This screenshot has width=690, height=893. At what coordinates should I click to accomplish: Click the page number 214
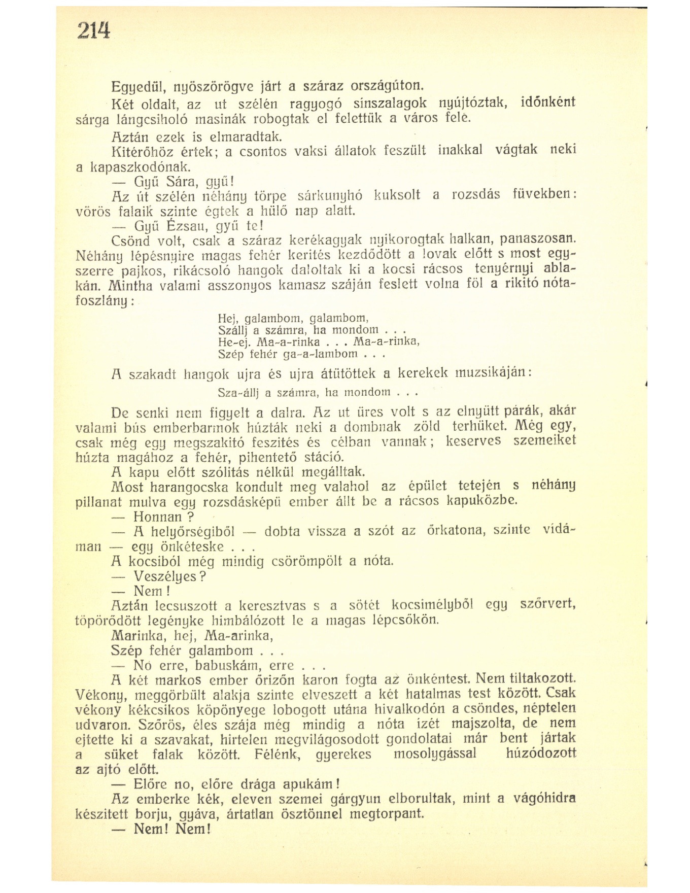(x=93, y=32)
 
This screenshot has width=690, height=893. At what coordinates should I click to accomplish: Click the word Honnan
(x=157, y=517)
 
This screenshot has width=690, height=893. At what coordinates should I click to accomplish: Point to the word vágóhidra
(x=545, y=799)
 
